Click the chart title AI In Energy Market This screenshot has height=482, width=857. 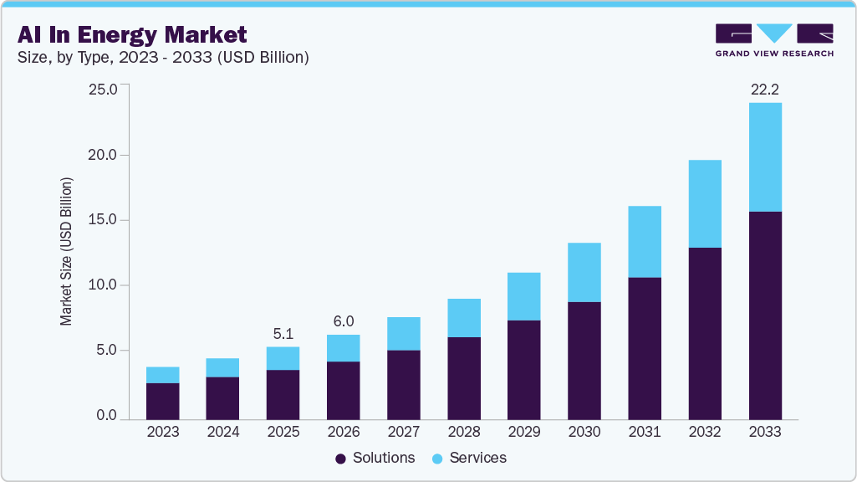pyautogui.click(x=132, y=34)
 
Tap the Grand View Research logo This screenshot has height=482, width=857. pyautogui.click(x=773, y=39)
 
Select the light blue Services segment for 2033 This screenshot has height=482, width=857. pyautogui.click(x=765, y=157)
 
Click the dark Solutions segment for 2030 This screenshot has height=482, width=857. pyautogui.click(x=584, y=360)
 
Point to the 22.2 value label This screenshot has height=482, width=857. pyautogui.click(x=765, y=89)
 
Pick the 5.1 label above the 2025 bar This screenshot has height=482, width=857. pyautogui.click(x=283, y=332)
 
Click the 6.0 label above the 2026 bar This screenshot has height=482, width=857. pyautogui.click(x=344, y=320)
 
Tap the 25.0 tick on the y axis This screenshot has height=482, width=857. pyautogui.click(x=103, y=90)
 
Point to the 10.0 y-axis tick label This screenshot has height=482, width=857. pyautogui.click(x=103, y=285)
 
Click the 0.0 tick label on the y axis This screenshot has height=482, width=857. pyautogui.click(x=106, y=416)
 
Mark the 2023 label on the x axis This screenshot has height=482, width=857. pyautogui.click(x=162, y=433)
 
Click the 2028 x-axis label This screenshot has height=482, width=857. pyautogui.click(x=464, y=433)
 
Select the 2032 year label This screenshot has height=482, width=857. pyautogui.click(x=705, y=433)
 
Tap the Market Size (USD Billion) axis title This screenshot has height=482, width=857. pyautogui.click(x=66, y=251)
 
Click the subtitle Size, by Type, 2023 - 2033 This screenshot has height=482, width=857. pyautogui.click(x=163, y=58)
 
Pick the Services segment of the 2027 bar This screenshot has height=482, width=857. pyautogui.click(x=404, y=333)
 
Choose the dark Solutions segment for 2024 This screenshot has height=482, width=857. pyautogui.click(x=222, y=397)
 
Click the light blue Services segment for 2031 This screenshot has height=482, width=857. pyautogui.click(x=645, y=242)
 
